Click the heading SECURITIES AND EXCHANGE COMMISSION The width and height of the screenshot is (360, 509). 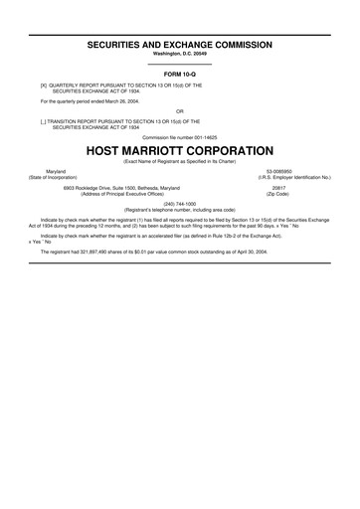coord(180,46)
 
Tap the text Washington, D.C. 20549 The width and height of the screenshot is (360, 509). coord(180,56)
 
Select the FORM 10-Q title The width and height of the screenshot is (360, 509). coord(180,76)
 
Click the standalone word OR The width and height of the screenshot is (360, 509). coord(180,110)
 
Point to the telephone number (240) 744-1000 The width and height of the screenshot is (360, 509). coord(180,204)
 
